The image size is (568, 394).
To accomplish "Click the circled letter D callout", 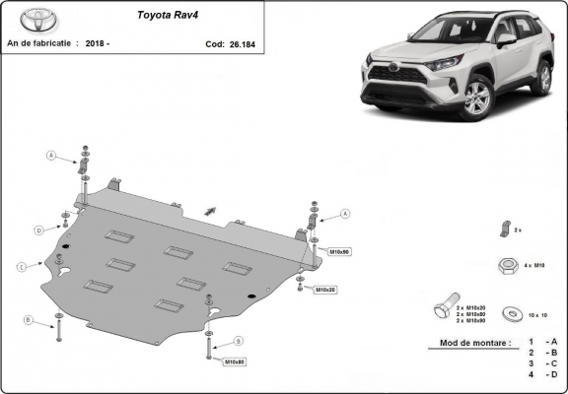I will [39, 230].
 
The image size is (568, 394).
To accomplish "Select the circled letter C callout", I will [20, 266].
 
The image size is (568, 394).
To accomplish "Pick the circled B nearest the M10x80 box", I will [238, 341].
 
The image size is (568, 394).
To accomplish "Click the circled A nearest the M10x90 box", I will [345, 214].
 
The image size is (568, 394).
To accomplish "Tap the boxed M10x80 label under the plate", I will [234, 362].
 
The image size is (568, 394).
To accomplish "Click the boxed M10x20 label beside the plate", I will [325, 290].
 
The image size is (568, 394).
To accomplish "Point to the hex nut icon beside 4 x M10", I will [508, 266].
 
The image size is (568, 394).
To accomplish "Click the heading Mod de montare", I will [468, 344].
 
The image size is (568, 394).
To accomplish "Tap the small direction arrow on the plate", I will [209, 209].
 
